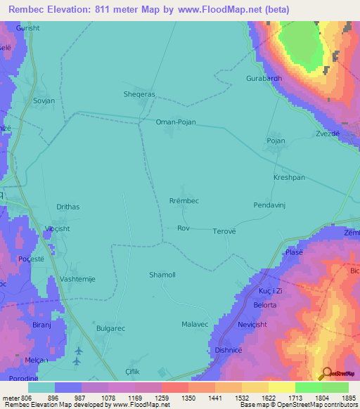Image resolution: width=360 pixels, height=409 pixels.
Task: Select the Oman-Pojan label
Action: (175, 122)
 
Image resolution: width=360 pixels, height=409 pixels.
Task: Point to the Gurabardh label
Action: (264, 78)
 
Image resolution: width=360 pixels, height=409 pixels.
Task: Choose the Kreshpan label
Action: (289, 178)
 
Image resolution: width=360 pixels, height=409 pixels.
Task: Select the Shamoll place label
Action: (162, 275)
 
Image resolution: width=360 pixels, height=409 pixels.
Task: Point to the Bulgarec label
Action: (111, 328)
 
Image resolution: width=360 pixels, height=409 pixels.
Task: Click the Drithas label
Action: (69, 207)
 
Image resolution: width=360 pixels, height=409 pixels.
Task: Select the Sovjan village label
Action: (44, 100)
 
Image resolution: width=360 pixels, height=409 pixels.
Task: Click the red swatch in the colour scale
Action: (175, 387)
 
